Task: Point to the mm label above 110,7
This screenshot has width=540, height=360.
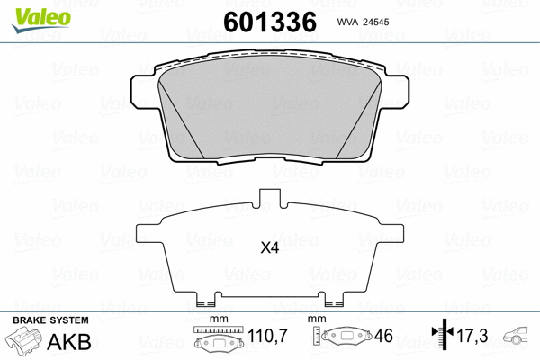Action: (x=215, y=319)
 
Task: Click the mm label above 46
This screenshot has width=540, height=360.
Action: (x=317, y=319)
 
